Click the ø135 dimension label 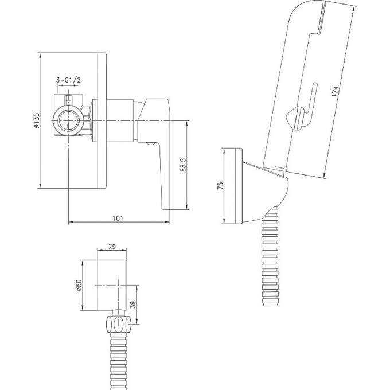[37, 120]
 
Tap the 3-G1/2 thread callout [68, 80]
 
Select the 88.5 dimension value [183, 165]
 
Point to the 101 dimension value [118, 218]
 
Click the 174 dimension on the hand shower [335, 91]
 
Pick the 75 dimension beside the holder [221, 186]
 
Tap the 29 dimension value [112, 247]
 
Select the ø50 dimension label [79, 285]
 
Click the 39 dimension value [133, 305]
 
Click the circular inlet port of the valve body [68, 120]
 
